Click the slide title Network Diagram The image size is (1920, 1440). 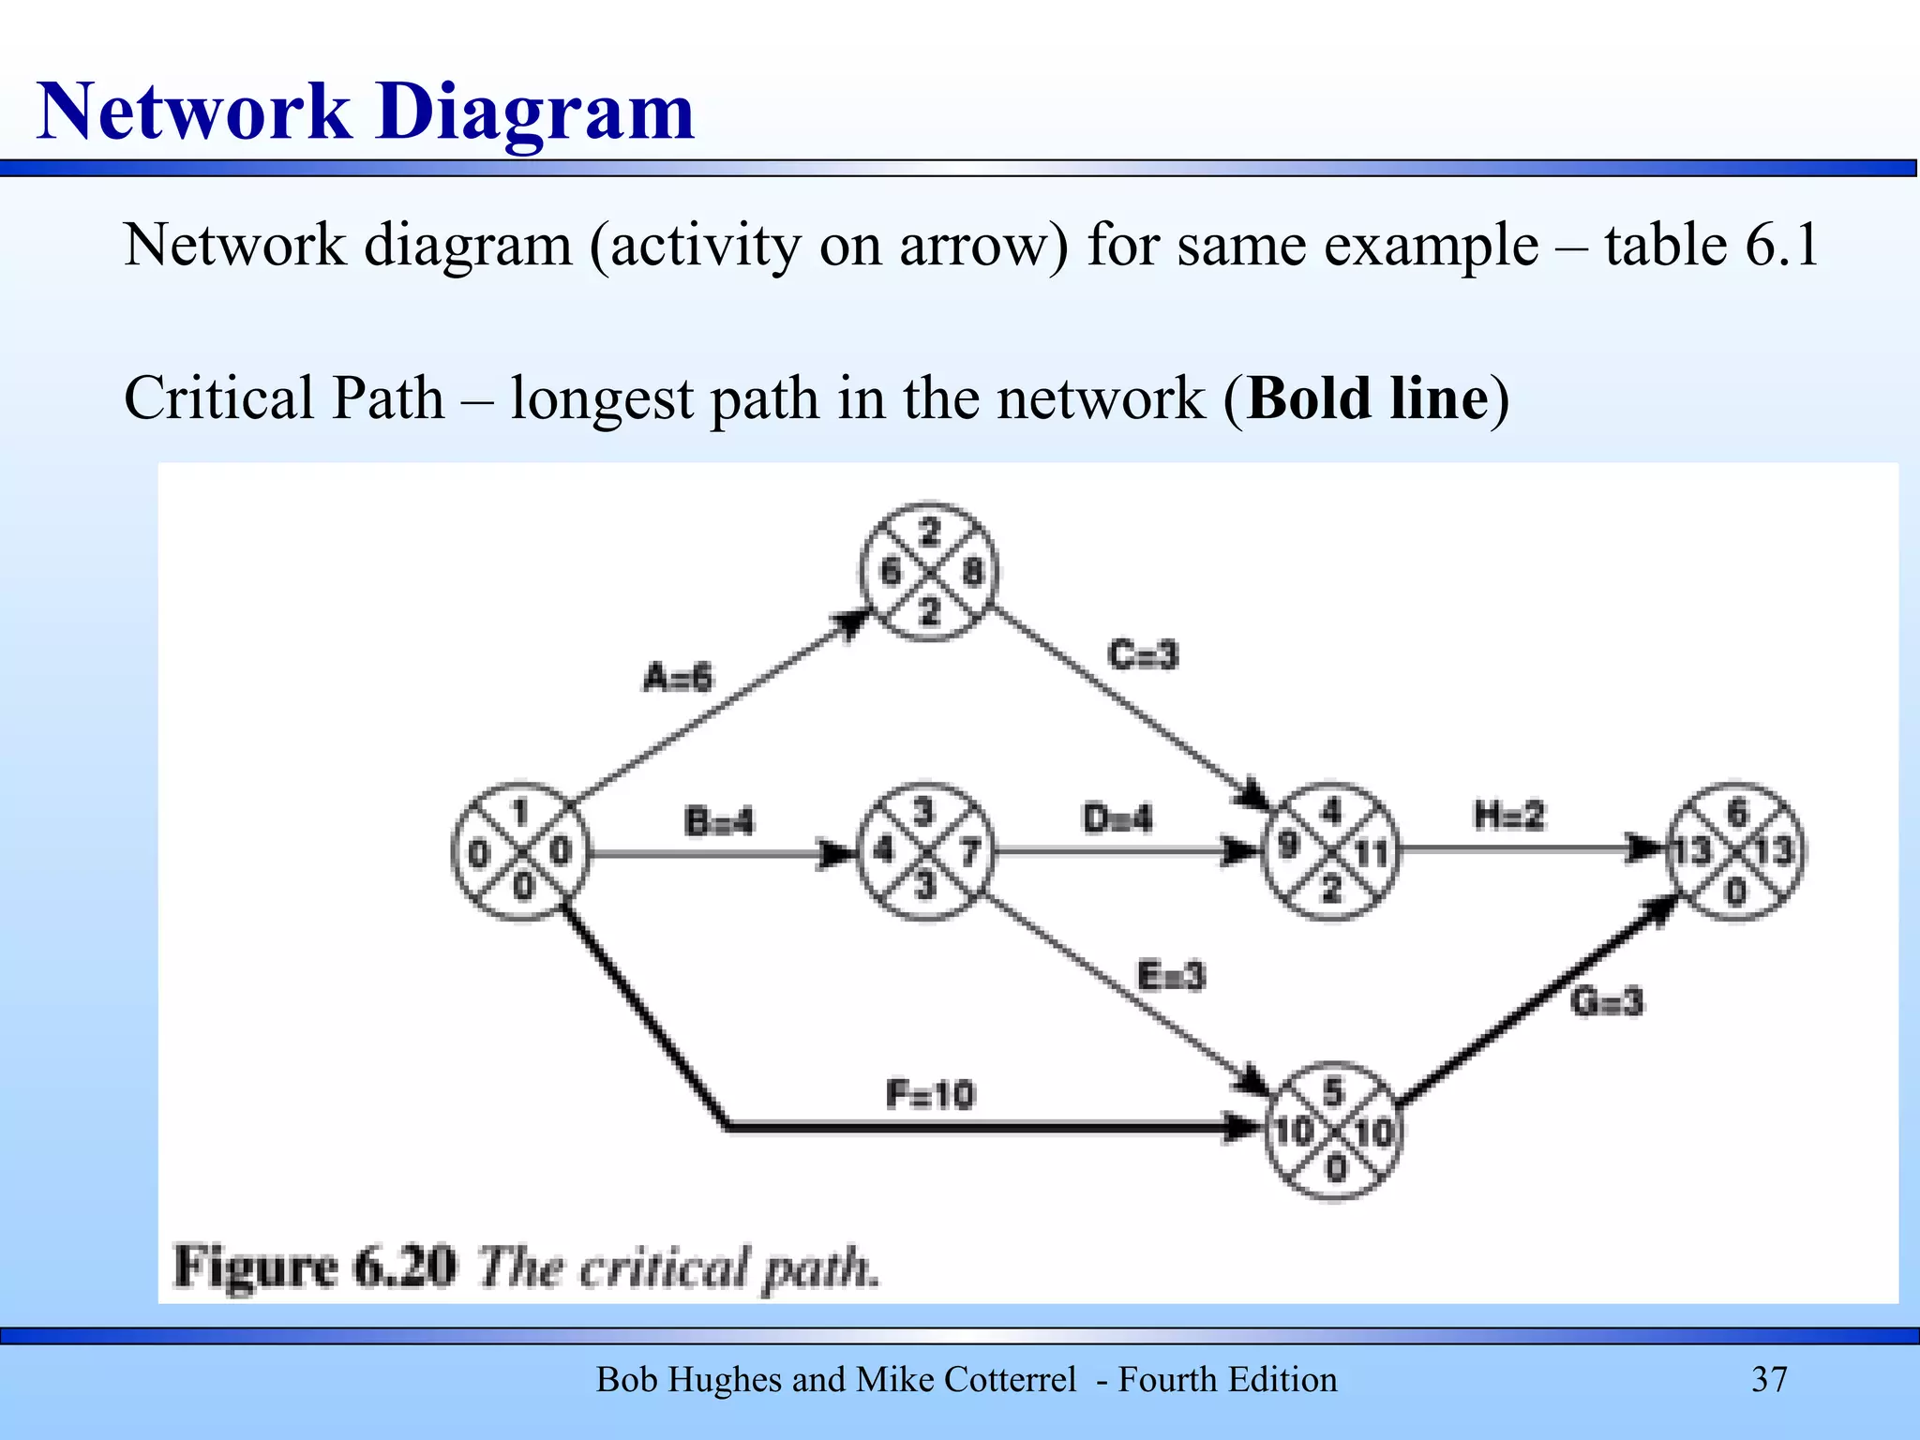pyautogui.click(x=366, y=112)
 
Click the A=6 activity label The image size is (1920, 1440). pyautogui.click(x=677, y=677)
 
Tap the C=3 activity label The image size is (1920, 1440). pyautogui.click(x=1142, y=654)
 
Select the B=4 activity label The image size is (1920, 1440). pyautogui.click(x=719, y=822)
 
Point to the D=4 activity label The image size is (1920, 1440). pyautogui.click(x=1117, y=818)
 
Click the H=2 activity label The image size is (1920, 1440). pyautogui.click(x=1508, y=816)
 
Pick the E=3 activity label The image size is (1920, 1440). pyautogui.click(x=1171, y=977)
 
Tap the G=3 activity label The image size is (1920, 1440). pyautogui.click(x=1607, y=1002)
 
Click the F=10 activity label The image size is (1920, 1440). pyautogui.click(x=930, y=1094)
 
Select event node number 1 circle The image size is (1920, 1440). pyautogui.click(x=520, y=852)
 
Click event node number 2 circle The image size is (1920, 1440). pyautogui.click(x=929, y=572)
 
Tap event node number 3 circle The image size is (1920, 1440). pyautogui.click(x=925, y=852)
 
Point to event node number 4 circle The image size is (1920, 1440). pyautogui.click(x=1330, y=852)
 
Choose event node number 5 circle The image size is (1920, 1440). pyautogui.click(x=1332, y=1131)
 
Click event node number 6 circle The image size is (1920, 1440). pyautogui.click(x=1734, y=852)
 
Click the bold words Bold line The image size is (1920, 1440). pyautogui.click(x=1367, y=398)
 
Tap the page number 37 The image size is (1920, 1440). pyautogui.click(x=1769, y=1380)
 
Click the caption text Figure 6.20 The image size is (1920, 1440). pyautogui.click(x=316, y=1267)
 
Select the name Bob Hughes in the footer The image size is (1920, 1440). pyautogui.click(x=690, y=1380)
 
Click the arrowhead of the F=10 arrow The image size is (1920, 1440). pyautogui.click(x=1242, y=1128)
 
